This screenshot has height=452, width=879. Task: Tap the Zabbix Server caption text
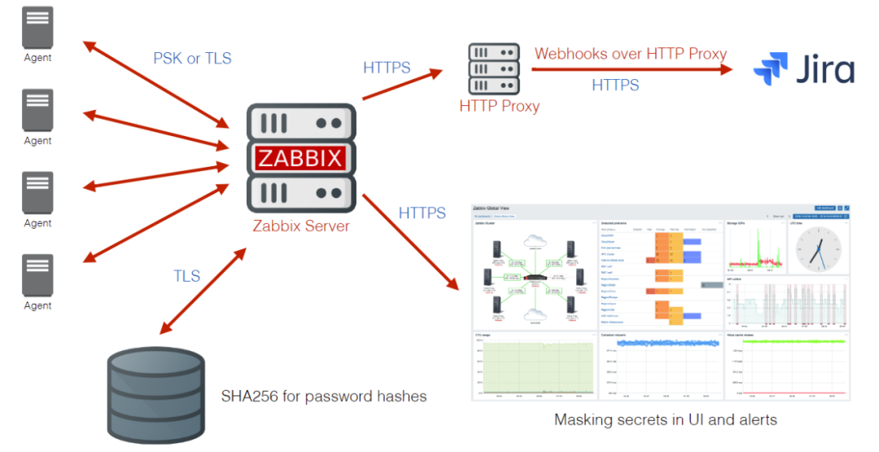(x=300, y=226)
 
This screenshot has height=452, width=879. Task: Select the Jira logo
(x=804, y=68)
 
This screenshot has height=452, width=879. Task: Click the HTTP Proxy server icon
(x=493, y=69)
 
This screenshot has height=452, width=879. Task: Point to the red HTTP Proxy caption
(x=499, y=106)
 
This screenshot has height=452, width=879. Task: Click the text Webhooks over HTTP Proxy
(x=631, y=54)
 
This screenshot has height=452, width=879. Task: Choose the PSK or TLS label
(x=192, y=58)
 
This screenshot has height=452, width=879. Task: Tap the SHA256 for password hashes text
(x=324, y=397)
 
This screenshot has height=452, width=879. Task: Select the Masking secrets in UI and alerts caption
(x=665, y=420)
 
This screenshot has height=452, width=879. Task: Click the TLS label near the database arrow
(x=186, y=276)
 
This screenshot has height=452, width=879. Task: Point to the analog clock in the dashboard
(x=818, y=248)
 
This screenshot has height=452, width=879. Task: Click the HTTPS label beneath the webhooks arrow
(x=614, y=85)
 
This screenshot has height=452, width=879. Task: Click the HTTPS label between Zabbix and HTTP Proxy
(x=387, y=67)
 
